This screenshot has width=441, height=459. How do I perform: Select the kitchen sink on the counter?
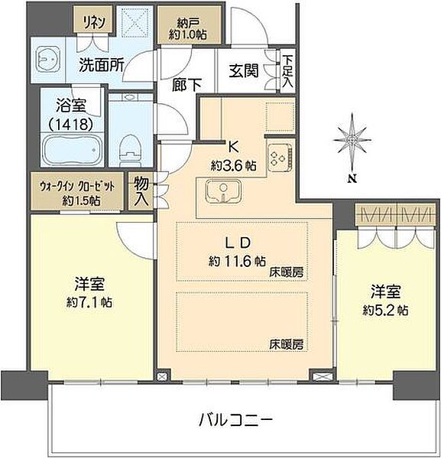pyautogui.click(x=222, y=190)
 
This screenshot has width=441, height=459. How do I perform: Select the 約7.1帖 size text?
pyautogui.click(x=89, y=301)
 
